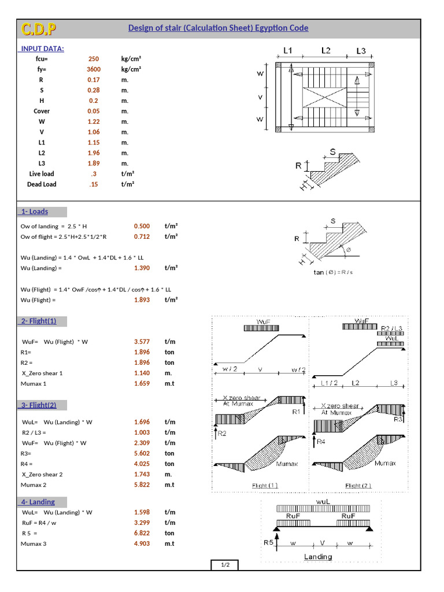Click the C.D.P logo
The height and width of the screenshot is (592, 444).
(x=39, y=28)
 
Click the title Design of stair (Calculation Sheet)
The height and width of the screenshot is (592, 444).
(x=218, y=28)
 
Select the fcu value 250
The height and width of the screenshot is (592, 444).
(x=94, y=59)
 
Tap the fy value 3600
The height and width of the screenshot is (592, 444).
(x=94, y=69)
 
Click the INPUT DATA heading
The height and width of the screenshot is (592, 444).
(x=43, y=49)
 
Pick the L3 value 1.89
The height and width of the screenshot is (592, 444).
(x=94, y=164)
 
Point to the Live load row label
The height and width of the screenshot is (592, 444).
(x=42, y=174)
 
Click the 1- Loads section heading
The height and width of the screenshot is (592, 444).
(x=35, y=212)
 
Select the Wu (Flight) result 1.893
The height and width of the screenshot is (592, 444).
(x=142, y=300)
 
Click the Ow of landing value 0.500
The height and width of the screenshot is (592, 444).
(x=142, y=226)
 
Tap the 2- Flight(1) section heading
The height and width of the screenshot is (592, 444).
(x=39, y=321)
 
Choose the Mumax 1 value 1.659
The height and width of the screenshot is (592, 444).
(x=142, y=383)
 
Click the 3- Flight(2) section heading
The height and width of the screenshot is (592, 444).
(x=39, y=405)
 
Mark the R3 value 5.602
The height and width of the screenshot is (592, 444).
(x=142, y=453)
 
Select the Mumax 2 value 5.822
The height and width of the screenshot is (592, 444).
(x=142, y=484)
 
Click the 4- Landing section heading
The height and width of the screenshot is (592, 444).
(x=38, y=502)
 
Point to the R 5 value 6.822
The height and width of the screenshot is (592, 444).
(x=142, y=533)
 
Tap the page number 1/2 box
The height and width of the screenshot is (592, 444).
(x=225, y=565)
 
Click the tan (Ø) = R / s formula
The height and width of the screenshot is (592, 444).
(x=333, y=272)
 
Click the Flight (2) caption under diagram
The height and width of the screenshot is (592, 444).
(x=358, y=486)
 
